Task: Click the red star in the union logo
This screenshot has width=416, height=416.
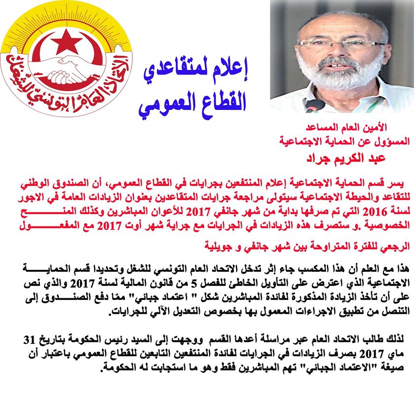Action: point(66,41)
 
